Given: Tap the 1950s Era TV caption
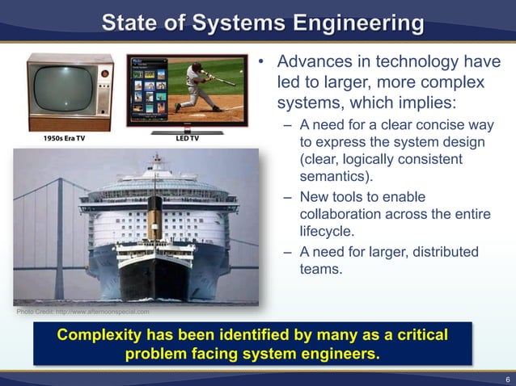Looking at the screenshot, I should tap(63, 138).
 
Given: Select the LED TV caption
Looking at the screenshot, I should tap(187, 138).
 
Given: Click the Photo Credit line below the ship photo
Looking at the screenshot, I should tap(82, 311).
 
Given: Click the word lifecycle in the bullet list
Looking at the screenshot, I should tap(327, 233).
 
